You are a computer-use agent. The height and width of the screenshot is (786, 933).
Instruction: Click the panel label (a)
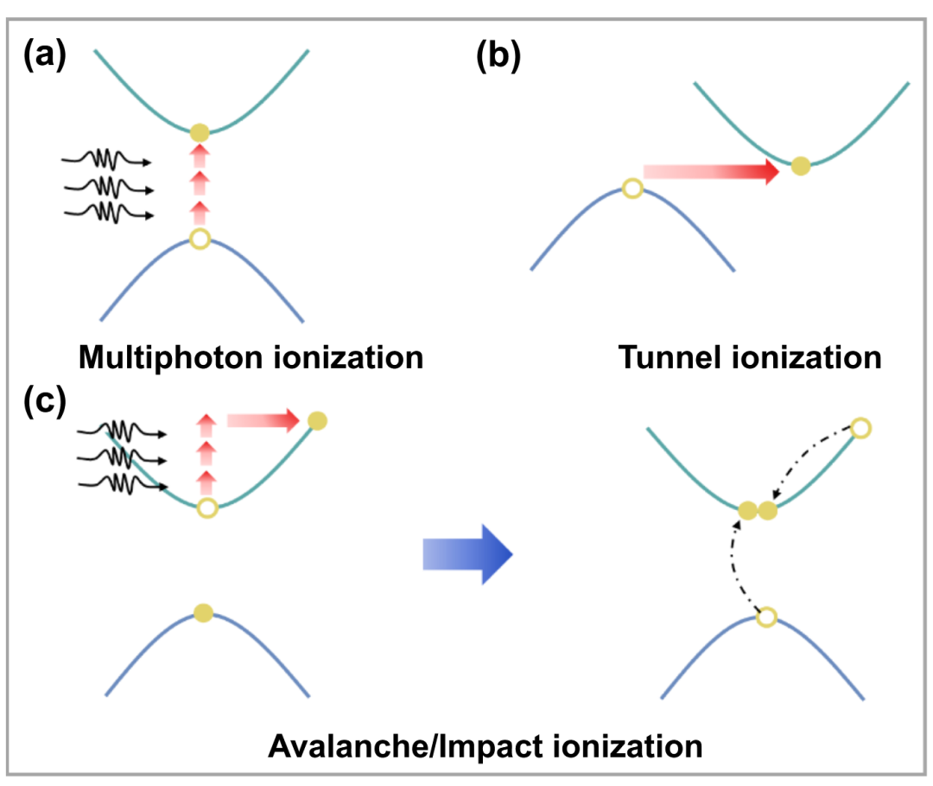[x=45, y=54]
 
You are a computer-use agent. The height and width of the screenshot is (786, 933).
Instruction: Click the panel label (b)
[x=498, y=56]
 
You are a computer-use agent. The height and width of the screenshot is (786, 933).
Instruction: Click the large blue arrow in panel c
[x=467, y=554]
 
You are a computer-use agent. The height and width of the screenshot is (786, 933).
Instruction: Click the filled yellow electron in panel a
[x=200, y=132]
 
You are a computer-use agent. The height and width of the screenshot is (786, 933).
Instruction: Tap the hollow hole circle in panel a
[x=200, y=239]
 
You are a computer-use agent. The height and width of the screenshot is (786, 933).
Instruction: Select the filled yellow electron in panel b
[x=801, y=165]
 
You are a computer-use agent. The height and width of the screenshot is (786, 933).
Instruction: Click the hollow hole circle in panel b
[x=632, y=189]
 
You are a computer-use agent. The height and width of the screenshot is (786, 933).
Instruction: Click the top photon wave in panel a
[x=107, y=160]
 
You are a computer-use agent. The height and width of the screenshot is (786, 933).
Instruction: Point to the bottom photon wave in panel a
[x=109, y=213]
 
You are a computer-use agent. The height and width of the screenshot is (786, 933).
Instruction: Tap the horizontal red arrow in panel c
[x=263, y=420]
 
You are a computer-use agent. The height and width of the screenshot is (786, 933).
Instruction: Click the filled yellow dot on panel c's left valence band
[x=204, y=613]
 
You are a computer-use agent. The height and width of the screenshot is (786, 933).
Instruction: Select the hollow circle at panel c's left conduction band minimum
[x=207, y=508]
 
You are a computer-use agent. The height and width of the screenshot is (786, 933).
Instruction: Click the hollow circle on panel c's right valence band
[x=767, y=617]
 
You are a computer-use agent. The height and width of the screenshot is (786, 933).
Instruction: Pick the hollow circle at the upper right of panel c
[x=861, y=428]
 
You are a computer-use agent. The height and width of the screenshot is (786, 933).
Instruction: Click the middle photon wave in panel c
[x=122, y=458]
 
